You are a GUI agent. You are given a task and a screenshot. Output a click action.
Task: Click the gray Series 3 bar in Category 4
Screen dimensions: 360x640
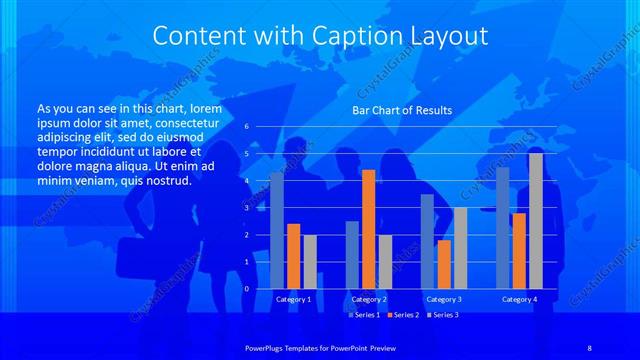click(x=536, y=221)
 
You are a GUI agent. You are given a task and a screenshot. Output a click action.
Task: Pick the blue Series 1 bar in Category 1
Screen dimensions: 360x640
click(x=277, y=230)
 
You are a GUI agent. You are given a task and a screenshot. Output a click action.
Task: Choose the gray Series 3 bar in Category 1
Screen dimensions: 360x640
click(x=310, y=261)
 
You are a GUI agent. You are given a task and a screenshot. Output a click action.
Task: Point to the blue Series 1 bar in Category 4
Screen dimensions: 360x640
click(x=503, y=227)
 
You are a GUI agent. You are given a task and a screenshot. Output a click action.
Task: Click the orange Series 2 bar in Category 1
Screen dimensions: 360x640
click(x=293, y=256)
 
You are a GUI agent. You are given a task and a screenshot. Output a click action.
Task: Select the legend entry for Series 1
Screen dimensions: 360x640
click(x=364, y=315)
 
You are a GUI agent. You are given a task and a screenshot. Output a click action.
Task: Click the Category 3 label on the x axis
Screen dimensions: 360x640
click(x=444, y=299)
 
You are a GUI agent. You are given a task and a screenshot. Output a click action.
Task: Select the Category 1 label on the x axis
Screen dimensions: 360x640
click(x=293, y=299)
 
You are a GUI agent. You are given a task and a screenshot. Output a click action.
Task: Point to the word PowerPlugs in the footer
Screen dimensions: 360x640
click(x=269, y=345)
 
